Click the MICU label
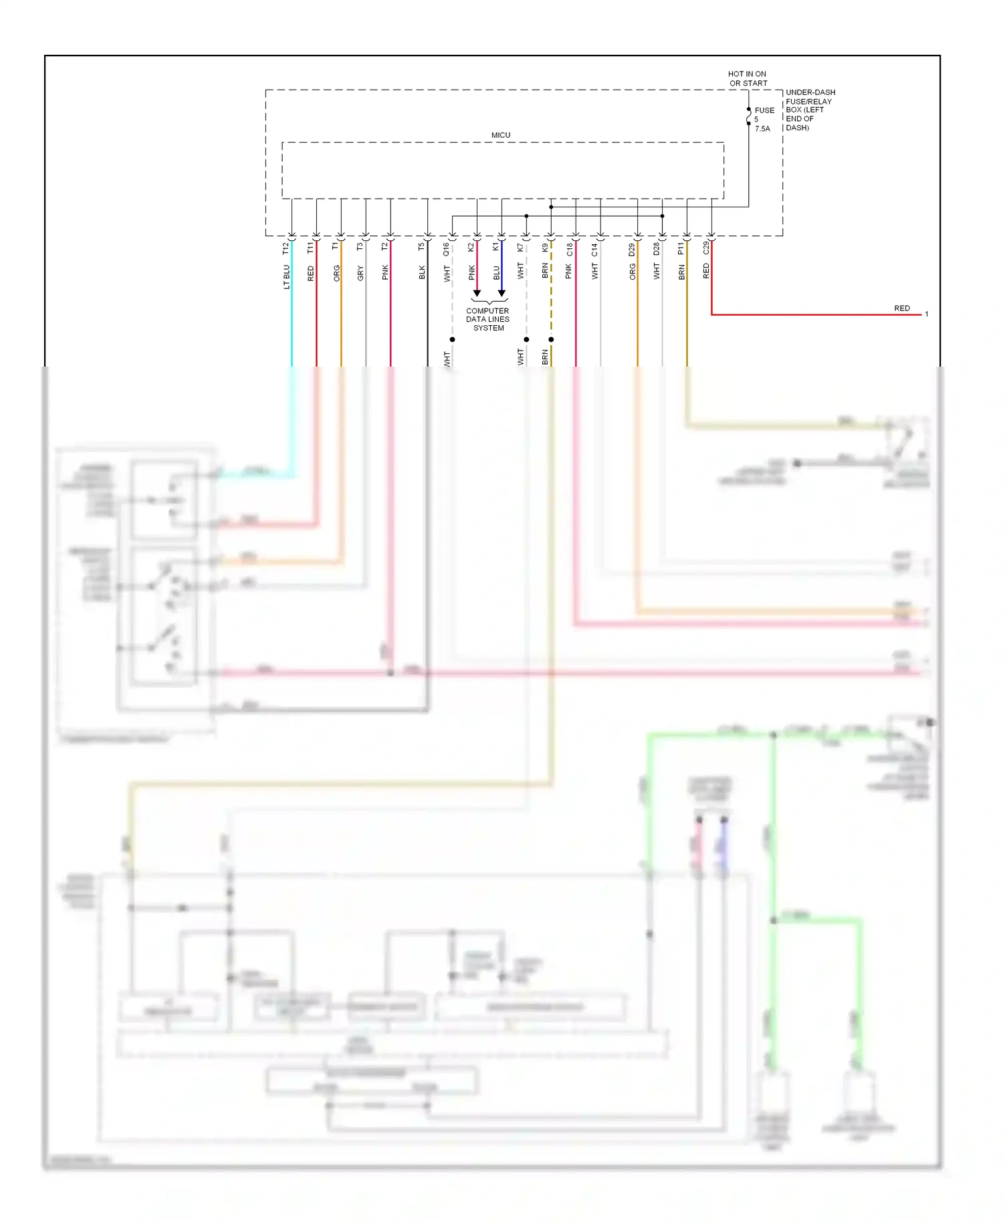click(500, 135)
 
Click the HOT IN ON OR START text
click(747, 79)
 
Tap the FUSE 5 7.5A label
click(764, 119)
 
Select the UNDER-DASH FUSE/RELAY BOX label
click(809, 110)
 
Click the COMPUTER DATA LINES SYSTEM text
click(487, 320)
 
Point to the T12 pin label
click(286, 248)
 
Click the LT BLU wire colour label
click(286, 276)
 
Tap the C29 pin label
click(706, 248)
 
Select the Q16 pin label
click(447, 249)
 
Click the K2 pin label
click(471, 248)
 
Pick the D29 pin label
click(632, 250)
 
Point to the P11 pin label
click(681, 249)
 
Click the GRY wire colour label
click(360, 273)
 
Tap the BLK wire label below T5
click(422, 272)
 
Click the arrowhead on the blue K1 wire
click(501, 293)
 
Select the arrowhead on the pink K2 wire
click(477, 293)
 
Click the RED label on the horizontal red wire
click(901, 308)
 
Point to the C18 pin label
click(570, 250)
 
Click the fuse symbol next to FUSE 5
click(748, 119)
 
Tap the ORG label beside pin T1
click(336, 273)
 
